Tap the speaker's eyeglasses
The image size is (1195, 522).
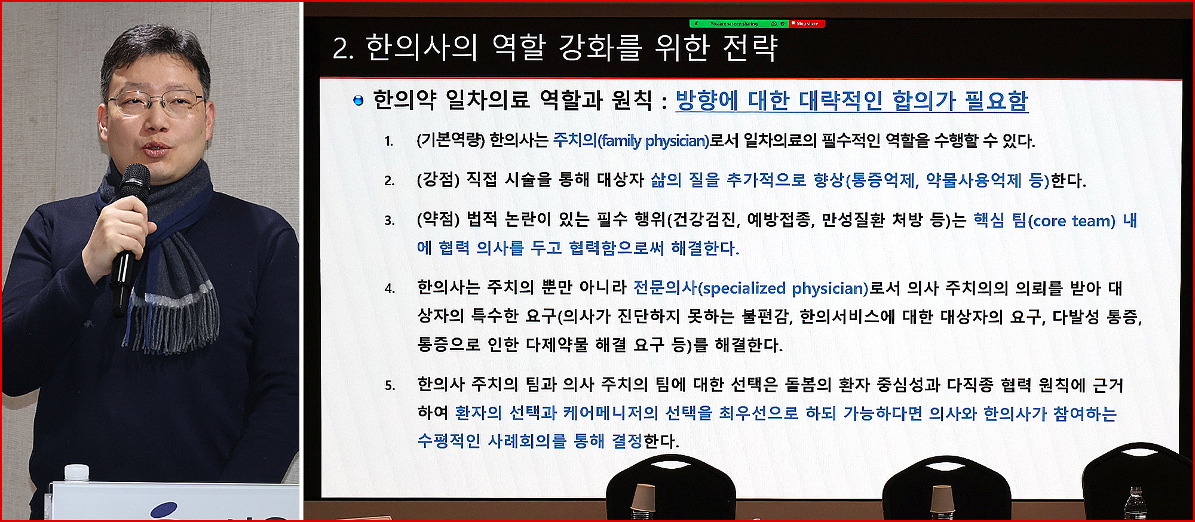157,102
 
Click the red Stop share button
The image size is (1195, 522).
807,24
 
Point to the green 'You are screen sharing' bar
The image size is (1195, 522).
739,24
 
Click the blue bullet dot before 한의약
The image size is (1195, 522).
358,100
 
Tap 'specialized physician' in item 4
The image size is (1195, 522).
783,288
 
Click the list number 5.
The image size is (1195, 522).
390,386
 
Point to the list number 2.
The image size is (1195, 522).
390,181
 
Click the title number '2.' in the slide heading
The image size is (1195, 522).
344,49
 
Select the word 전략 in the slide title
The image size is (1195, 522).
750,48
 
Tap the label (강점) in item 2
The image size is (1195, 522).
438,180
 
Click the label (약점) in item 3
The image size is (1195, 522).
438,220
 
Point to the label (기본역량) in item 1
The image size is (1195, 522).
450,140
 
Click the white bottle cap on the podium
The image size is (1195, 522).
76,472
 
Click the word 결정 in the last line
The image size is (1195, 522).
626,441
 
